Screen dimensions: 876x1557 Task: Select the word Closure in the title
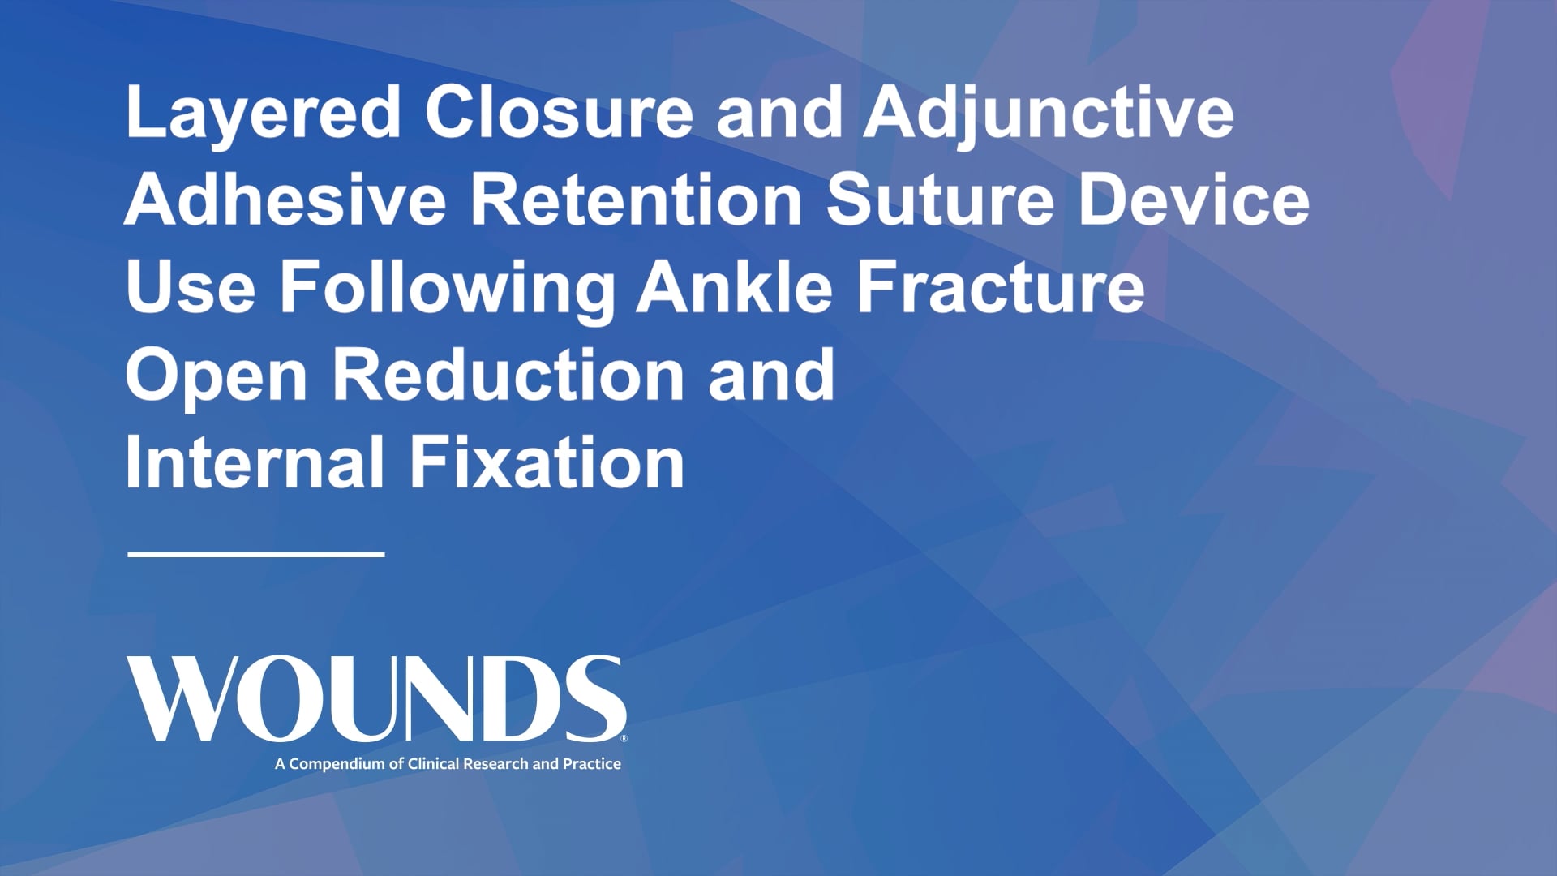pyautogui.click(x=559, y=114)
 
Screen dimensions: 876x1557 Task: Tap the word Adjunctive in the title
pyautogui.click(x=1048, y=114)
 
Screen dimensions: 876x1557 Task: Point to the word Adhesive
pyautogui.click(x=285, y=201)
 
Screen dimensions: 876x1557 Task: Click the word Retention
pyautogui.click(x=637, y=201)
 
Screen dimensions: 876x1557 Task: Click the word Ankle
pyautogui.click(x=735, y=288)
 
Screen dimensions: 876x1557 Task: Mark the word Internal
pyautogui.click(x=255, y=463)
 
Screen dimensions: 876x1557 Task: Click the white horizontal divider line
pyautogui.click(x=256, y=555)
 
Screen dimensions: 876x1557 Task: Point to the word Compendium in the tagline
pyautogui.click(x=338, y=764)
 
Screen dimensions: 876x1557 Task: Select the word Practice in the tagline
pyautogui.click(x=591, y=764)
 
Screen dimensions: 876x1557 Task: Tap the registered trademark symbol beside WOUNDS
pyautogui.click(x=624, y=739)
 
